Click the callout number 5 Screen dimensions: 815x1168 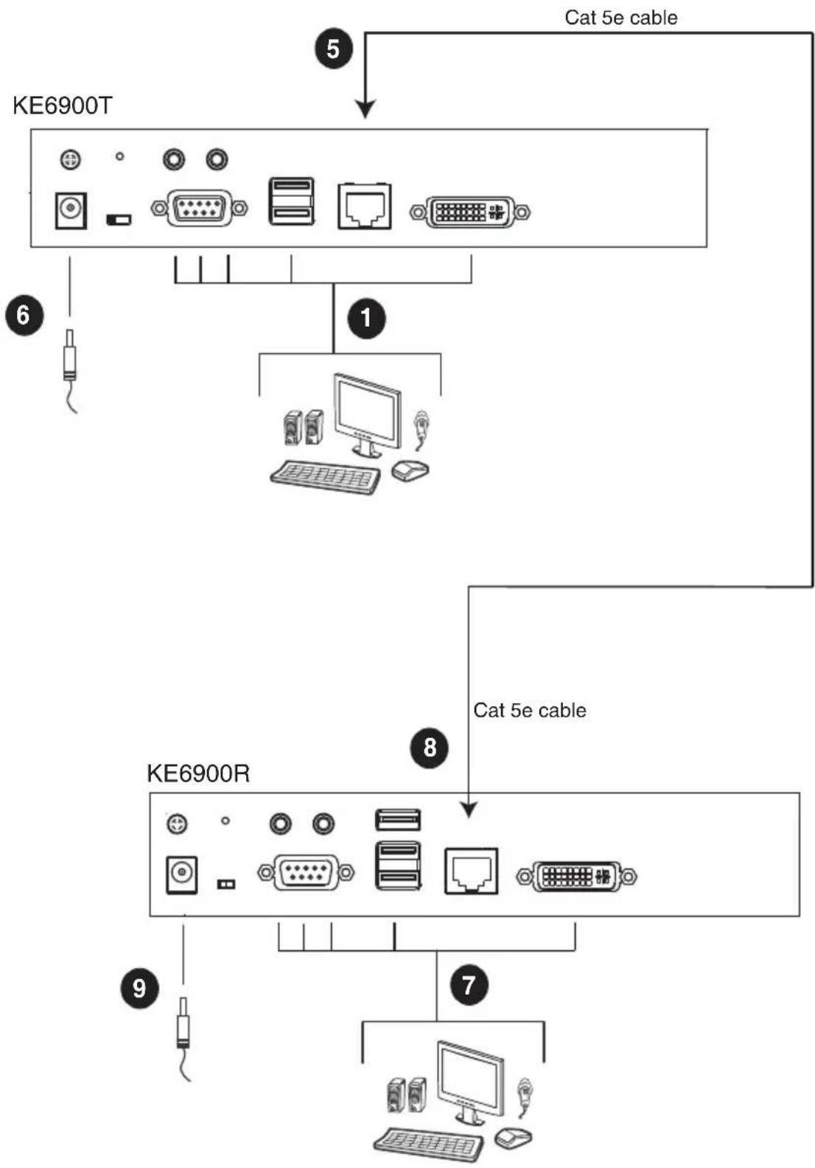334,49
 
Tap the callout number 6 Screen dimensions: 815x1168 24,316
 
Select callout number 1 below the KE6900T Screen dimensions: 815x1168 366,319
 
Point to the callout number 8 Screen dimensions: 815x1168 430,748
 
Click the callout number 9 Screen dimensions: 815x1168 140,988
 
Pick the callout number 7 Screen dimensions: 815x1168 469,985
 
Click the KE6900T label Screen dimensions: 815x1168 63,106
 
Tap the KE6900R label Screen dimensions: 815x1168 198,774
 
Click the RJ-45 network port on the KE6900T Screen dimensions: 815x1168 364,206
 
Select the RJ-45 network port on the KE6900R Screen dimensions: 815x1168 471,872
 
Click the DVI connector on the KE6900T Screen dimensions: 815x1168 470,212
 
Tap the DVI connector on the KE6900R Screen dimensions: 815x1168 576,877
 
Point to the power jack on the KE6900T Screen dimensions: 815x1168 71,210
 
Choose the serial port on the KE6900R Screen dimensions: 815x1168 307,872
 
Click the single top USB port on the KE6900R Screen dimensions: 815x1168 398,820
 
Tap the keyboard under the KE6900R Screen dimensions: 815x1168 428,1145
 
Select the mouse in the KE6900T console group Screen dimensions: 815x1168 410,471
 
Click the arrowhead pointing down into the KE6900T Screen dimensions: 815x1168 365,109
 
